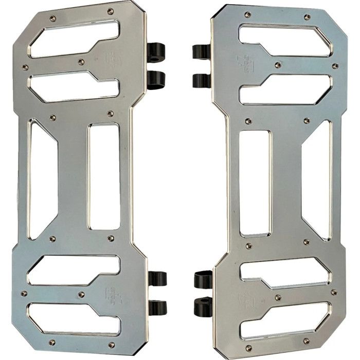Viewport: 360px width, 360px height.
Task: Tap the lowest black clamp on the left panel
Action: [x=156, y=308]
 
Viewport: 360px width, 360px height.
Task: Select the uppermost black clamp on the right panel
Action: [x=202, y=51]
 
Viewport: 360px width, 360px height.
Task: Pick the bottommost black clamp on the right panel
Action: [x=203, y=308]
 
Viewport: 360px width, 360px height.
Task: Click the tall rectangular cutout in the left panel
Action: [x=104, y=176]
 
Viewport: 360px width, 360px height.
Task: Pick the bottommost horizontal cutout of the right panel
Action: [x=288, y=321]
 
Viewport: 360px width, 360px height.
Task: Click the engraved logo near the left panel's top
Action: [x=113, y=59]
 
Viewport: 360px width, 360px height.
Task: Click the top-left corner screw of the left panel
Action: [x=52, y=19]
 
